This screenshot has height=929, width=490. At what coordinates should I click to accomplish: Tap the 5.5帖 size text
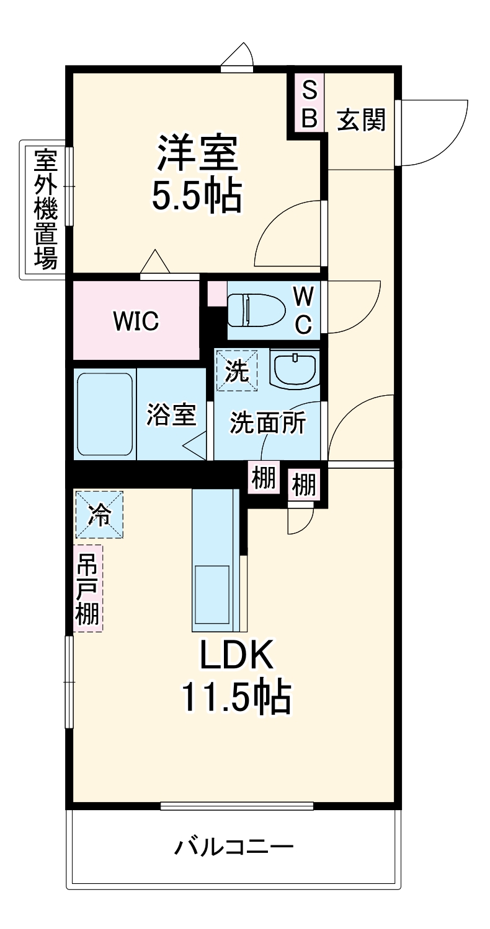pyautogui.click(x=197, y=194)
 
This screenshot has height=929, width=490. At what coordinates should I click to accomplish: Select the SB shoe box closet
pyautogui.click(x=309, y=103)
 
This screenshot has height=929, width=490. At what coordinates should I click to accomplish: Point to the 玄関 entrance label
pyautogui.click(x=360, y=120)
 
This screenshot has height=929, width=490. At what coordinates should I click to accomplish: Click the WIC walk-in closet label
pyautogui.click(x=136, y=321)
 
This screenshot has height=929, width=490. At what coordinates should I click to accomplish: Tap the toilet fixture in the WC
pyautogui.click(x=256, y=311)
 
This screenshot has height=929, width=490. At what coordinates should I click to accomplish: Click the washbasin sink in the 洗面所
pyautogui.click(x=295, y=369)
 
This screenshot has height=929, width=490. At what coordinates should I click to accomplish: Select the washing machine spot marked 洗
pyautogui.click(x=237, y=370)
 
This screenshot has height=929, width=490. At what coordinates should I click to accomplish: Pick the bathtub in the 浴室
pyautogui.click(x=105, y=414)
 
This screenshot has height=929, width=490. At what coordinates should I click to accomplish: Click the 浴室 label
pyautogui.click(x=171, y=414)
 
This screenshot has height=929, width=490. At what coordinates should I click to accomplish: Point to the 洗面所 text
pyautogui.click(x=268, y=422)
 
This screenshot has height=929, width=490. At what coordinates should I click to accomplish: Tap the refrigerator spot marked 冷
pyautogui.click(x=99, y=515)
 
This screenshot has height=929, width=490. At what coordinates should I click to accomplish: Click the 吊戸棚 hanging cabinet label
pyautogui.click(x=87, y=588)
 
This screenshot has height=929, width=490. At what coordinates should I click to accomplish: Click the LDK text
pyautogui.click(x=236, y=655)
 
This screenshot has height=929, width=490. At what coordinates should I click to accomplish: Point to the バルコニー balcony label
pyautogui.click(x=234, y=847)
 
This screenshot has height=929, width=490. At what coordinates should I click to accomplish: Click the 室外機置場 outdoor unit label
pyautogui.click(x=46, y=209)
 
